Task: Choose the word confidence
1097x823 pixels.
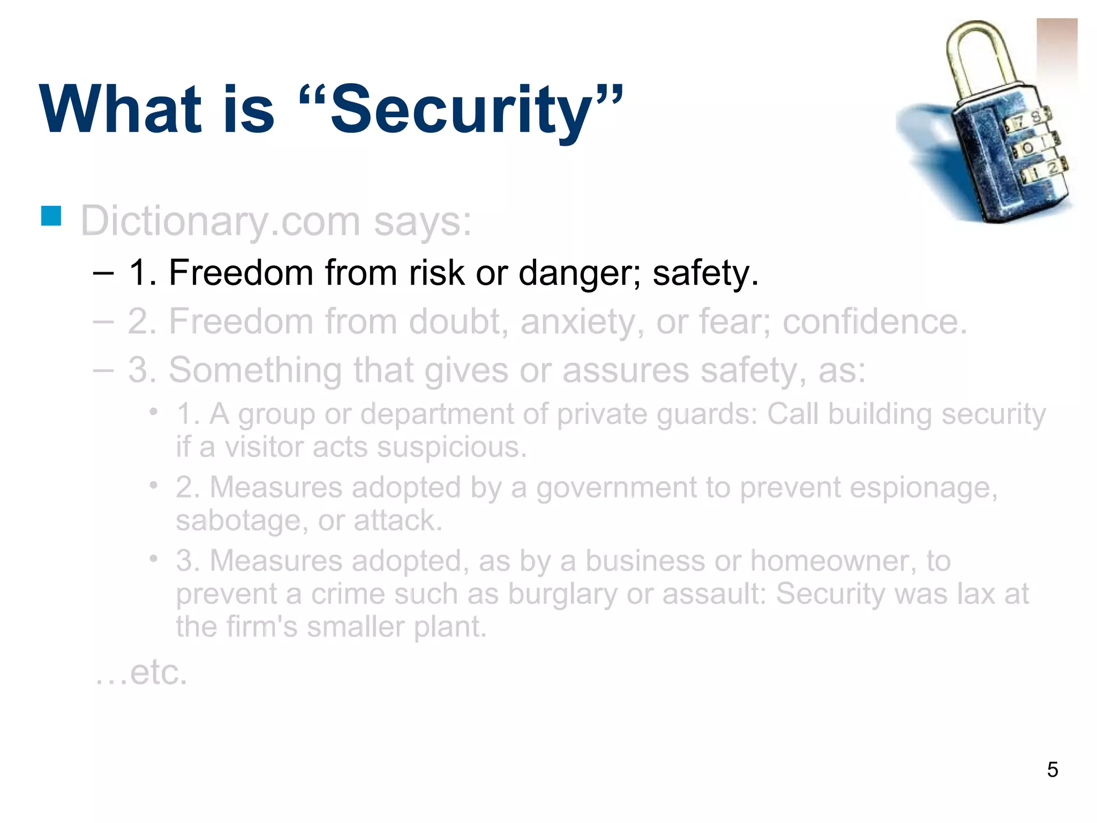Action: [x=875, y=322]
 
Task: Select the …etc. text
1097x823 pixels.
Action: [x=141, y=672]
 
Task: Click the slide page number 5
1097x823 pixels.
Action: [x=1052, y=770]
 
